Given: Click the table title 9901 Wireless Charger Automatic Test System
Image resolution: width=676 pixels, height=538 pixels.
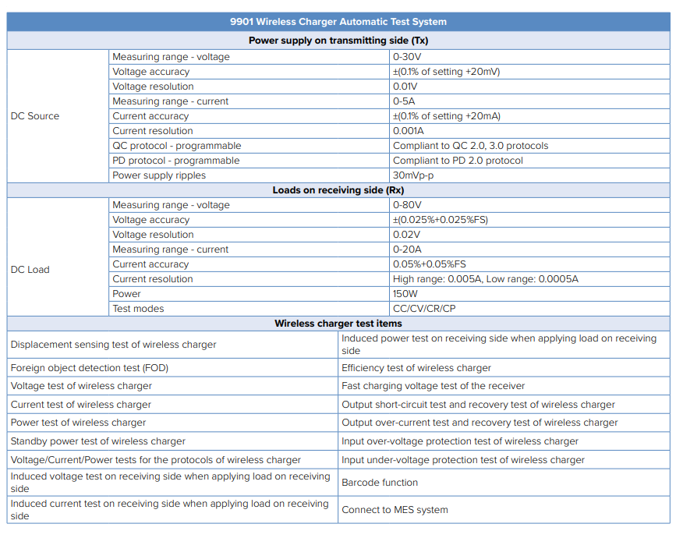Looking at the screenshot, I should [x=338, y=22].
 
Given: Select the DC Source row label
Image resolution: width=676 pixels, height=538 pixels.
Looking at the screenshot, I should [x=35, y=116].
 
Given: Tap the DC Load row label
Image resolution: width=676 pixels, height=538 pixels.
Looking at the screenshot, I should [x=30, y=270].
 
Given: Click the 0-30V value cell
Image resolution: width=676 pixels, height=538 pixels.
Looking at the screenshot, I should [x=407, y=57].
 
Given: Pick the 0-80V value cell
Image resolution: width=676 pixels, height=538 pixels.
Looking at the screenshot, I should [x=407, y=205].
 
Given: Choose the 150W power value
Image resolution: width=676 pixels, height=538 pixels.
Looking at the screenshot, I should [x=405, y=294].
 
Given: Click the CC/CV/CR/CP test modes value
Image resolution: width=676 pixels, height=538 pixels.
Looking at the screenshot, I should [x=425, y=309].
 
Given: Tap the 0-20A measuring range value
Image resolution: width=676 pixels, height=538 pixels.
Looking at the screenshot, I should [x=407, y=250].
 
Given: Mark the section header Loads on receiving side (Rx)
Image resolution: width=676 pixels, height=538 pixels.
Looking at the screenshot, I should [x=338, y=190].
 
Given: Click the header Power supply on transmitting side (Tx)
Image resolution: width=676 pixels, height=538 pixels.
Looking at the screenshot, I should [x=338, y=41].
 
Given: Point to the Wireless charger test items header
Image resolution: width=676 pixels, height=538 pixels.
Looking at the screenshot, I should [x=338, y=324].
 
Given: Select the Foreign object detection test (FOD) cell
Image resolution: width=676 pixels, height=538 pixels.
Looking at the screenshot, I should [x=90, y=368].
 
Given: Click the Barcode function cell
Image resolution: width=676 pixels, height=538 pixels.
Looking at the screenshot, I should [x=380, y=483].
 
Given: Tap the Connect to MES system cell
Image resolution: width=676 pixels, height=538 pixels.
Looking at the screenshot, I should [x=395, y=510].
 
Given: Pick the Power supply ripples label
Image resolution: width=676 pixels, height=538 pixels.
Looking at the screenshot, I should [x=159, y=175].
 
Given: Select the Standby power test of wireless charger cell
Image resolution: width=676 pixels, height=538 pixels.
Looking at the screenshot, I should [x=98, y=441].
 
